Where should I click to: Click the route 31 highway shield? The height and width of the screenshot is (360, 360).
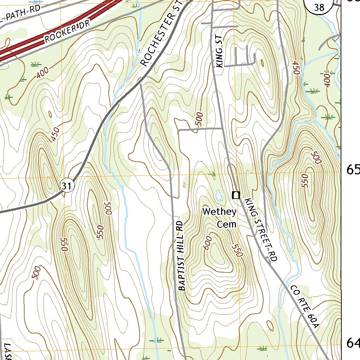67,185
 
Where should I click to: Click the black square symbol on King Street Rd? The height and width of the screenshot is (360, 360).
236,194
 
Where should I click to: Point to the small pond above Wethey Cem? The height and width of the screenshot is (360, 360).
218,193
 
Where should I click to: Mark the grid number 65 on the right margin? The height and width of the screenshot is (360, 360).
353,170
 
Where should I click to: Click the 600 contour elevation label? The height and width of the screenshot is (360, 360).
207,243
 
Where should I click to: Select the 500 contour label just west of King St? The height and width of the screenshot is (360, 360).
199,120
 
